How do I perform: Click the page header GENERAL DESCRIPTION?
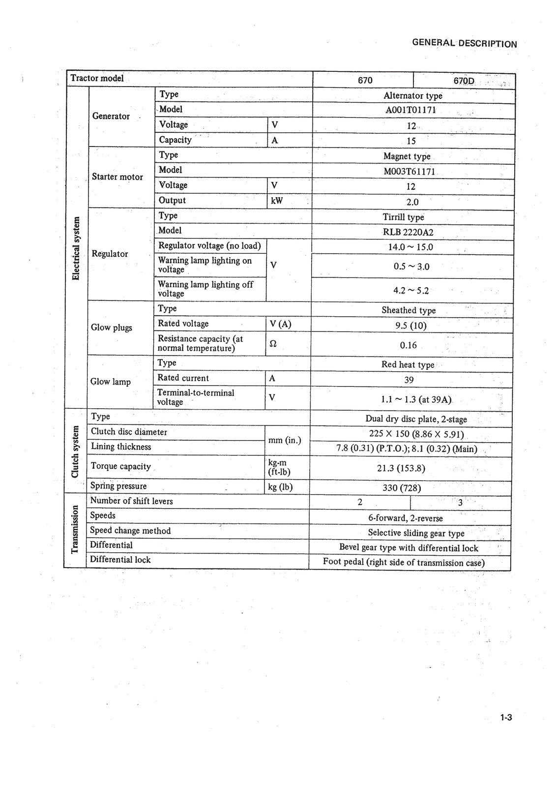click(464, 43)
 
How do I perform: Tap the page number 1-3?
click(506, 717)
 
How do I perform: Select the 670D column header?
click(464, 80)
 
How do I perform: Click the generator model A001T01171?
click(410, 111)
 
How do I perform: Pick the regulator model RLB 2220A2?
click(408, 232)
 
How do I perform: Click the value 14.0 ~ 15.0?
click(410, 247)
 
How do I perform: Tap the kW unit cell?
click(277, 201)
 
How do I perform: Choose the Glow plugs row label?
click(112, 328)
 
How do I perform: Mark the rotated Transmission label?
click(75, 529)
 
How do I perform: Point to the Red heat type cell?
click(408, 364)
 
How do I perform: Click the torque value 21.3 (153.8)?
click(401, 468)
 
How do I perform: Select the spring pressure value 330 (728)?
click(402, 488)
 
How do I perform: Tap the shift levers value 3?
click(460, 503)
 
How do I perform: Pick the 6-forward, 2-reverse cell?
click(405, 518)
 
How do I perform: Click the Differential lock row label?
click(120, 560)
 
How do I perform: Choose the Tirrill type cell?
click(403, 217)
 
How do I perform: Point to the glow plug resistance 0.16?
click(408, 345)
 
